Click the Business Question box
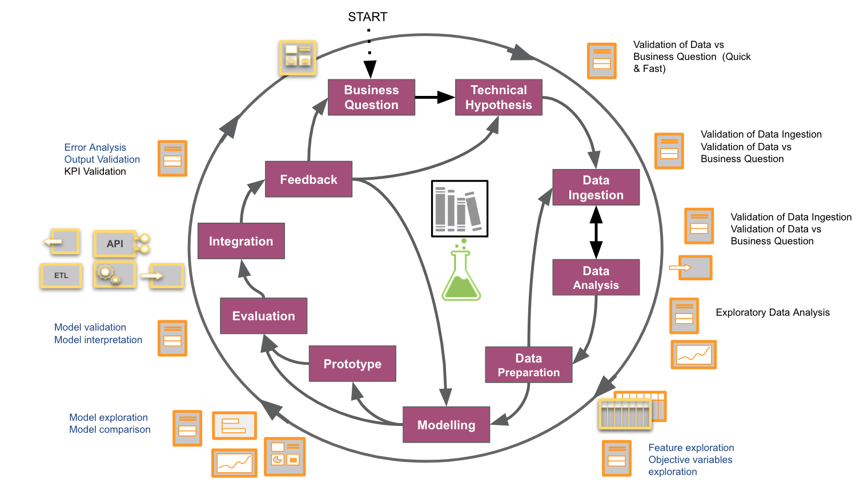point(371,98)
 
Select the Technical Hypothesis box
point(499,98)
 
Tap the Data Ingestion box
point(596,187)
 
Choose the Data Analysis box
point(596,277)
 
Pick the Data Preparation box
point(528,365)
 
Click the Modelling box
point(446,425)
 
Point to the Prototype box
point(352,364)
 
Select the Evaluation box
point(263,316)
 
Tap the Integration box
point(241,241)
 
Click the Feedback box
point(308,179)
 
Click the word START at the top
point(368,17)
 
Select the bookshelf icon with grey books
point(460,208)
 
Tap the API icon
point(115,244)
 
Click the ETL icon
point(61,276)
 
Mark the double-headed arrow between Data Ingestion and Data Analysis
point(596,232)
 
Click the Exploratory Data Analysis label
point(772,312)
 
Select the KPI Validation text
point(95,171)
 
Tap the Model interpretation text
point(98,340)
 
